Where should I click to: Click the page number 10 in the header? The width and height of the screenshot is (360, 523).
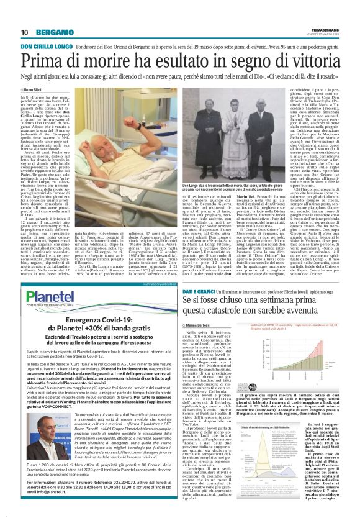click(x=24, y=32)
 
